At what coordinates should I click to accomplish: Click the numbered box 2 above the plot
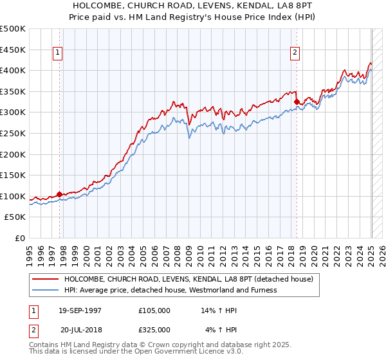point(295,53)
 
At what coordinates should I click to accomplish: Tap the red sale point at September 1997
point(59,194)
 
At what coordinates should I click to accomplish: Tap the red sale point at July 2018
point(297,102)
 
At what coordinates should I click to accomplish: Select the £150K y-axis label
point(14,175)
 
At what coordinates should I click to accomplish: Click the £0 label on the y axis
point(19,238)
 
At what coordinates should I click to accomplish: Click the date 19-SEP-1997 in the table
point(80,310)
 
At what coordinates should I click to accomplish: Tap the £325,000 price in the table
point(154,330)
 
